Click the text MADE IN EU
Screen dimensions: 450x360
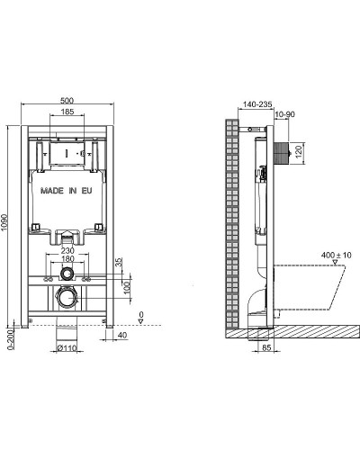[68, 192]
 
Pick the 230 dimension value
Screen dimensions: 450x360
[67, 252]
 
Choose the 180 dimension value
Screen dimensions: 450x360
[67, 261]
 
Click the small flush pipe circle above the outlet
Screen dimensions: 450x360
[67, 273]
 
